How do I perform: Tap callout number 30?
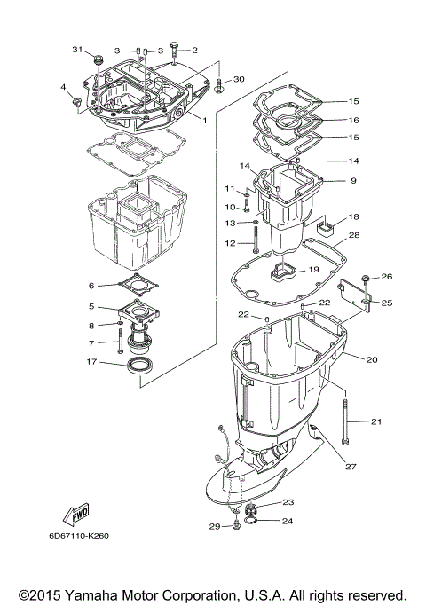239,80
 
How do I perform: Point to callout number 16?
353,120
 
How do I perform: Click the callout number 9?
352,181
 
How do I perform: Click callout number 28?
353,235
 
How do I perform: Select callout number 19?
312,269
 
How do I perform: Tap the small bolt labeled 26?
367,279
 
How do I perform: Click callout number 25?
386,303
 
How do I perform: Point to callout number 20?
372,359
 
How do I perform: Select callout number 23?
288,501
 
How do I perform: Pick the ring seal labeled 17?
142,366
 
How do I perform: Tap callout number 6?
91,286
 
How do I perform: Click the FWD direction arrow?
73,515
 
